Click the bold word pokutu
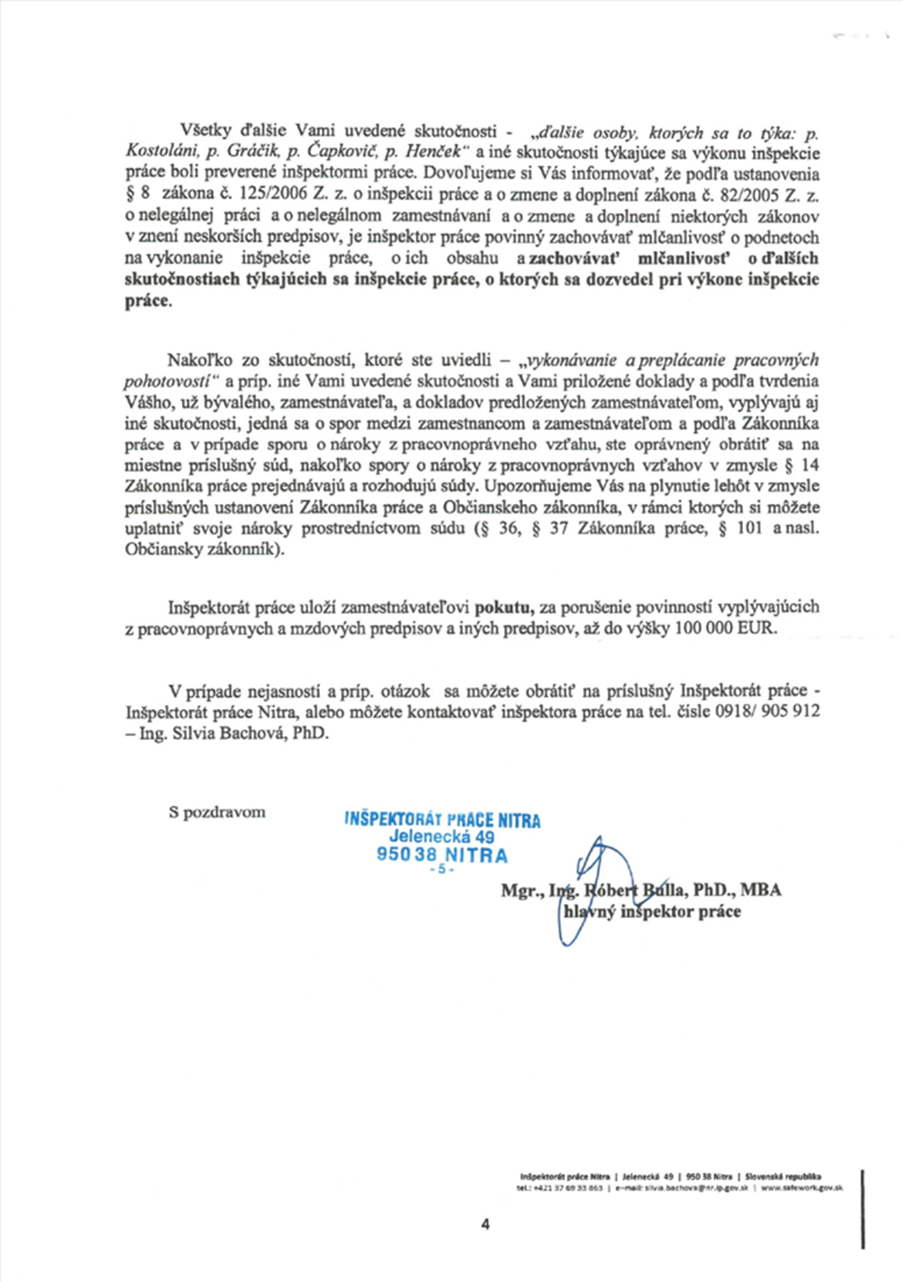[504, 608]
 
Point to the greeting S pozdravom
[217, 811]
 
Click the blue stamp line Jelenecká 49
[441, 837]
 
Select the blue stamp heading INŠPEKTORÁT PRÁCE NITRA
[442, 820]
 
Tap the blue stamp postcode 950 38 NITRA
[442, 855]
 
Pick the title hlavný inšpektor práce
[652, 912]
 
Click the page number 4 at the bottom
[484, 1224]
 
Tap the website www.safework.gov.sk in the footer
[802, 1188]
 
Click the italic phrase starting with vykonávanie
[672, 360]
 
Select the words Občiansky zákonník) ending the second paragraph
[204, 550]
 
